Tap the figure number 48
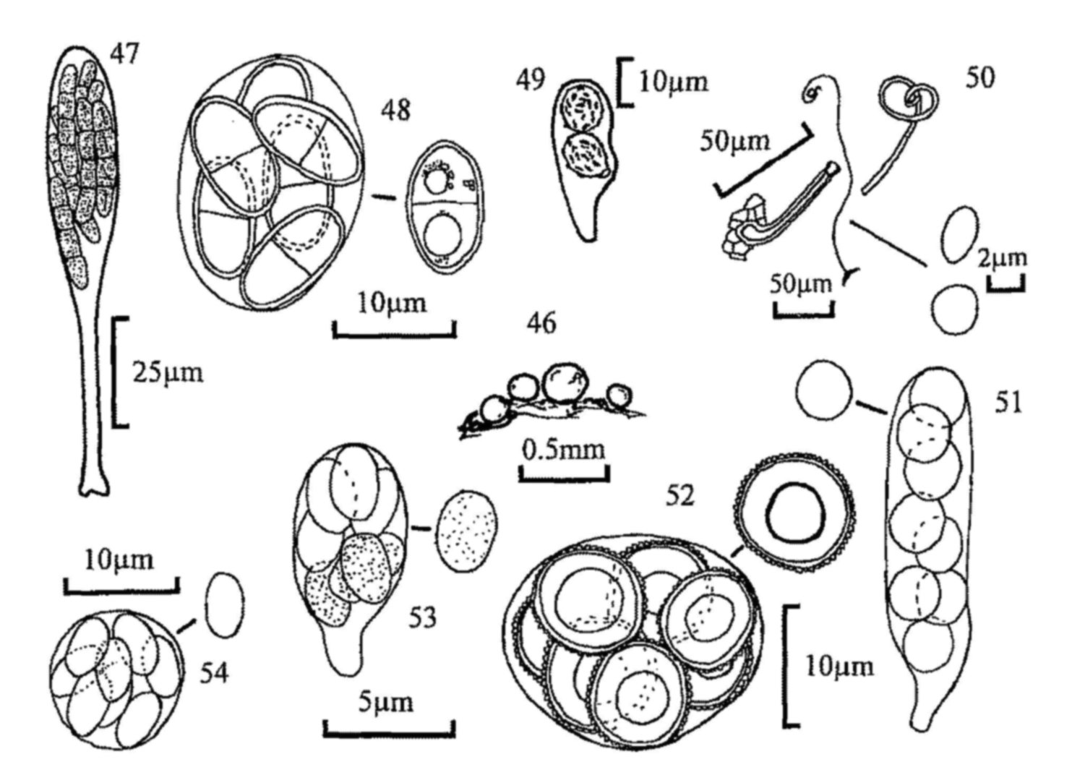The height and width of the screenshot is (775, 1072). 397,112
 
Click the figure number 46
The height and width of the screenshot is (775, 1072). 541,323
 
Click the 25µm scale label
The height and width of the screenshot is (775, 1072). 168,373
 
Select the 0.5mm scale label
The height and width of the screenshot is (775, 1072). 564,450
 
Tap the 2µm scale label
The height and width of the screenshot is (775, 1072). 1003,258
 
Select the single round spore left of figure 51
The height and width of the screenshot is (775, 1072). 823,391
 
